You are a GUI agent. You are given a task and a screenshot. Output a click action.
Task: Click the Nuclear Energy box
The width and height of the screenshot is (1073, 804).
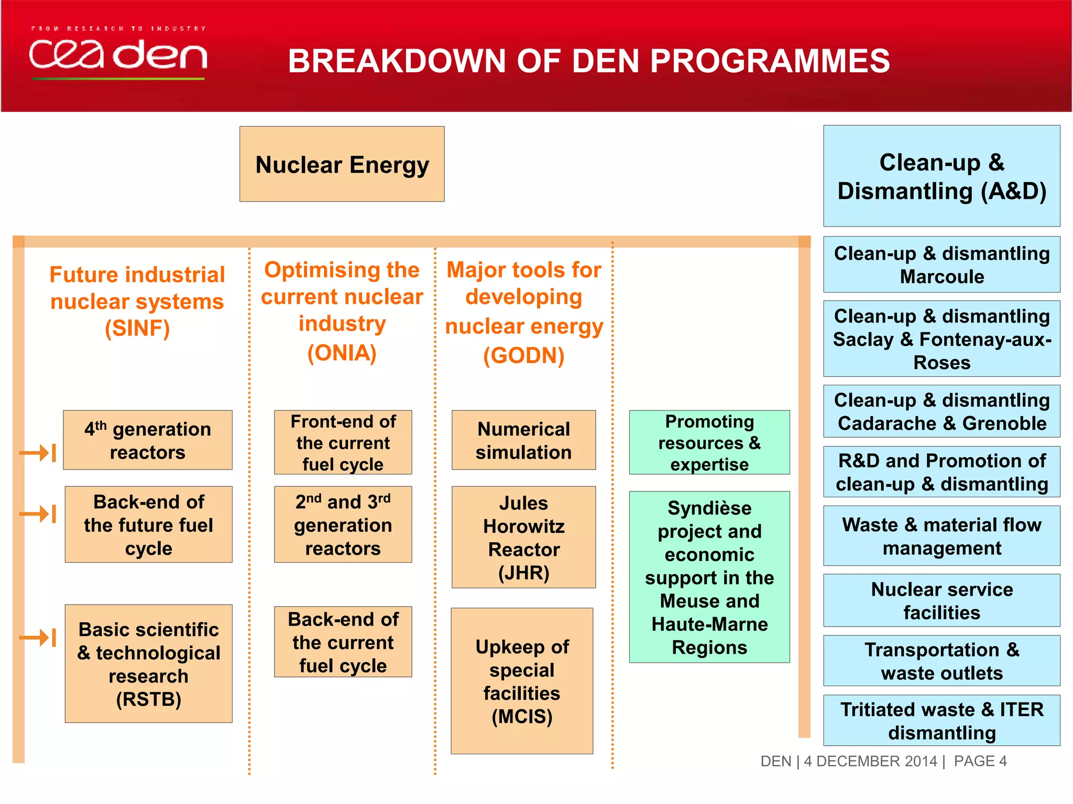tap(342, 164)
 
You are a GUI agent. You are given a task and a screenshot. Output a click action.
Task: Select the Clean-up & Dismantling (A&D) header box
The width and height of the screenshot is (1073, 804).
tap(941, 176)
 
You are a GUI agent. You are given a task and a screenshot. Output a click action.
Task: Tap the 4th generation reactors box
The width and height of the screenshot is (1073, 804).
tap(148, 440)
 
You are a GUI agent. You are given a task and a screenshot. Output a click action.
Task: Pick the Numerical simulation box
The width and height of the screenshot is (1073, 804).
tap(523, 440)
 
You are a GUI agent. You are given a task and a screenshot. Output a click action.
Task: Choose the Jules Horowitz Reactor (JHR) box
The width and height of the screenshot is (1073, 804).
tap(523, 537)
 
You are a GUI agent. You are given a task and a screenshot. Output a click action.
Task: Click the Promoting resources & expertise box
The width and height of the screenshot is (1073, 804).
tap(709, 442)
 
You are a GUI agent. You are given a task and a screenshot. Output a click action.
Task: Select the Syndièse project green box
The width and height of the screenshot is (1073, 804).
tap(709, 577)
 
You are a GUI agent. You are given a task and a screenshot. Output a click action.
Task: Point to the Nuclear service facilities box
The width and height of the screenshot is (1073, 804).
tap(941, 600)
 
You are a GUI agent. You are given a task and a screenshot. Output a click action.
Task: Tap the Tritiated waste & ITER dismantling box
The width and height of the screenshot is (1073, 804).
tap(941, 720)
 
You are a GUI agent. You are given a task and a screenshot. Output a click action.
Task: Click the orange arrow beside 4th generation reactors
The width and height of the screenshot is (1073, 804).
tap(38, 453)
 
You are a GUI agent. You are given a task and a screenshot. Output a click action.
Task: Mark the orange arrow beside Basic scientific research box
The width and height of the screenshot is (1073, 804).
tap(38, 638)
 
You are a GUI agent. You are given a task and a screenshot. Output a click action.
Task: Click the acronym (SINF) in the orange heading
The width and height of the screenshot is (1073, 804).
tap(137, 329)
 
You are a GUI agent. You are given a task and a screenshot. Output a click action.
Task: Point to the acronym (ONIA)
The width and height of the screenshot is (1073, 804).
tap(342, 353)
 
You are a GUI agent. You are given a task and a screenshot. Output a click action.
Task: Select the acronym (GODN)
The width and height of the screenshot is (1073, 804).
tap(523, 355)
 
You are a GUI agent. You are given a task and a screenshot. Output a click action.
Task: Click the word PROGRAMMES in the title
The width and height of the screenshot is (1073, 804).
tap(770, 61)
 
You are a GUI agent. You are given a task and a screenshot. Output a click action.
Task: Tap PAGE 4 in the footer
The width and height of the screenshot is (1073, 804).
tap(980, 761)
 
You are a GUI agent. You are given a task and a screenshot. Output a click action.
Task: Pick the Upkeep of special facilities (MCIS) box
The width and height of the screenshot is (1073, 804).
tap(522, 680)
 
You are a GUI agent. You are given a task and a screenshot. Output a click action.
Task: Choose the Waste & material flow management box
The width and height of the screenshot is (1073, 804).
tap(941, 535)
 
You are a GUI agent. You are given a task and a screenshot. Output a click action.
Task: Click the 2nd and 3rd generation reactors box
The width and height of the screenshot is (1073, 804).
tap(343, 524)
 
